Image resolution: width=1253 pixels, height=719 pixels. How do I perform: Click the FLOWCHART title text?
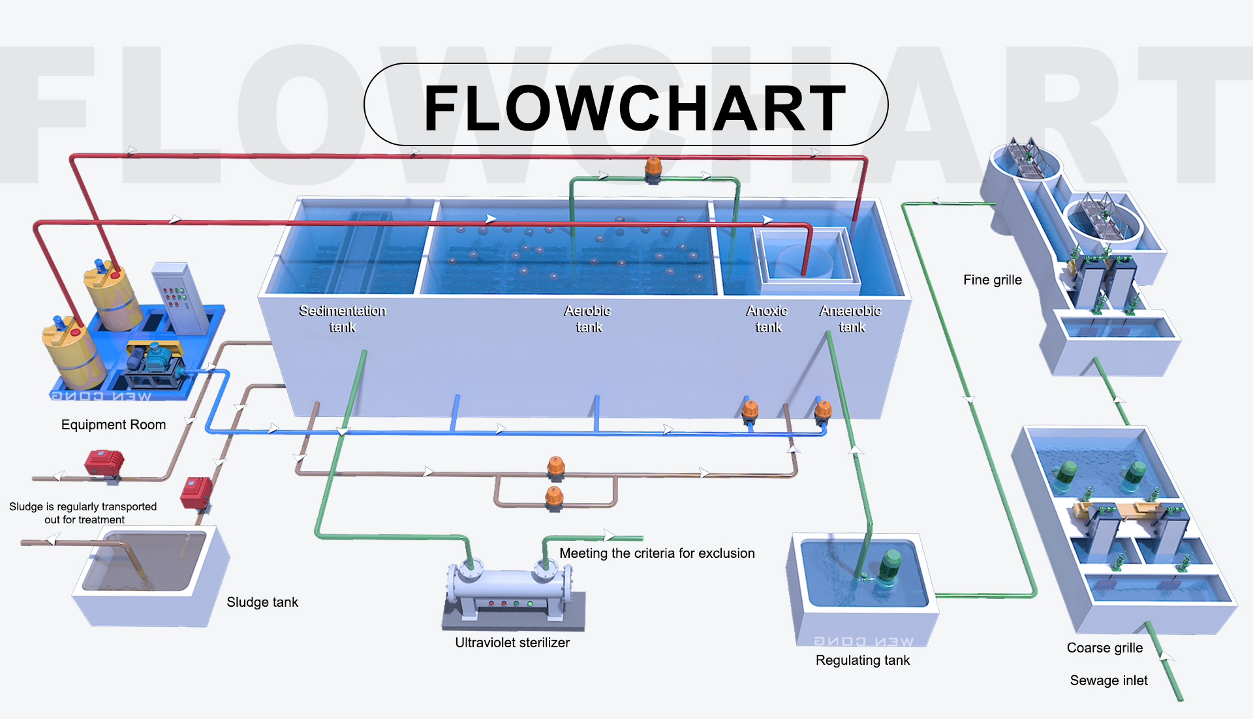point(634,108)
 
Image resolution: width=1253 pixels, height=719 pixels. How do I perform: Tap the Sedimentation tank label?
point(342,318)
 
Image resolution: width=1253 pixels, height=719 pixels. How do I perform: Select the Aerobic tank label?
point(587,318)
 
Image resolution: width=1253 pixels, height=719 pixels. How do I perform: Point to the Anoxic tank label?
point(767,318)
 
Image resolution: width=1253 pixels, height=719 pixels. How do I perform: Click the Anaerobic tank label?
point(850,318)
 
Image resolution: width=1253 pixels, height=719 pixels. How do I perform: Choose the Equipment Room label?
point(114,425)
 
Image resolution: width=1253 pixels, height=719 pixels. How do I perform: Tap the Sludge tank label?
point(262,602)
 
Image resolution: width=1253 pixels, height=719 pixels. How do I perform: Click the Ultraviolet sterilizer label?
point(512,643)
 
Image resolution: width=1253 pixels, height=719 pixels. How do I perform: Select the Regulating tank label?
point(862,660)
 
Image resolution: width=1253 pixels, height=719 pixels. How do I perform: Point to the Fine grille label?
point(992,280)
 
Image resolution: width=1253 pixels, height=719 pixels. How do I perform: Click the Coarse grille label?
point(1104,648)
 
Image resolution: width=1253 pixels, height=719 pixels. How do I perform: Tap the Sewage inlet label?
point(1108,681)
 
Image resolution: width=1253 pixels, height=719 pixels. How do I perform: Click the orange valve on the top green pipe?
point(653,168)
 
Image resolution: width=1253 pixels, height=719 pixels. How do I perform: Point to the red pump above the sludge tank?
point(196,493)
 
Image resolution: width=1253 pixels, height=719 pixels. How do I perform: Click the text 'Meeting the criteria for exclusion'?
point(657,553)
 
